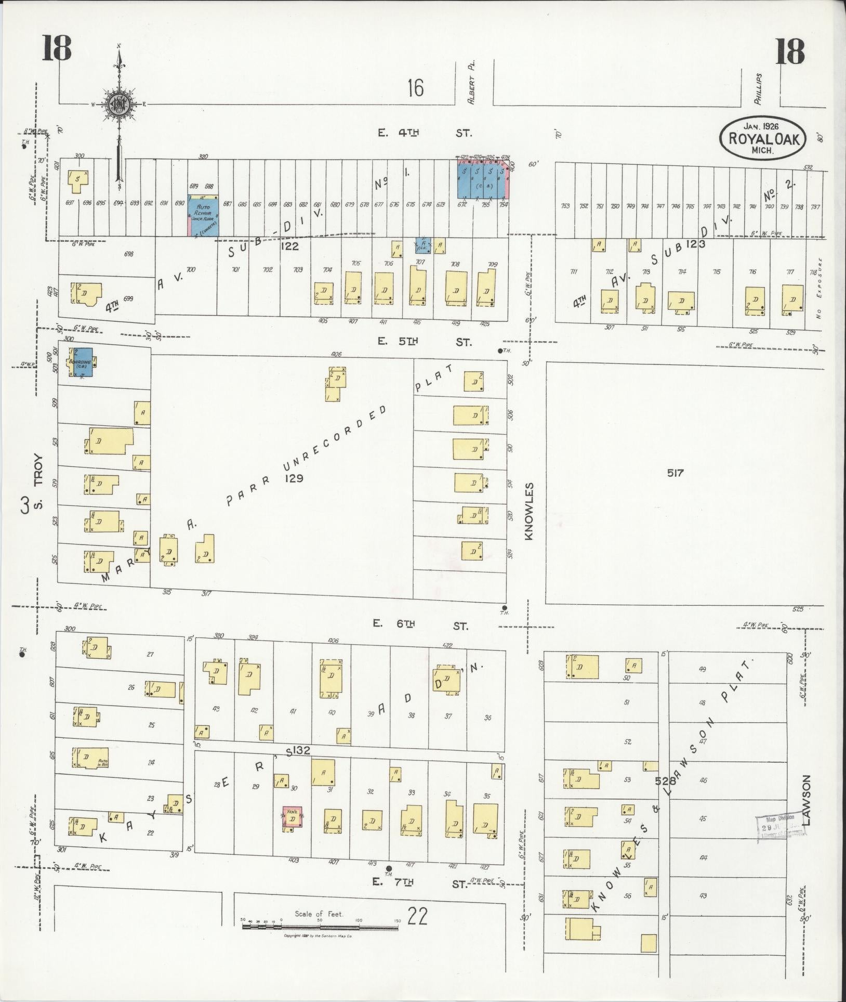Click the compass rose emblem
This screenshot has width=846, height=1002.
(119, 104)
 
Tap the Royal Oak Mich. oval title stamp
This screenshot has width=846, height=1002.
(762, 137)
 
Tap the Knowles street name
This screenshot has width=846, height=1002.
(529, 511)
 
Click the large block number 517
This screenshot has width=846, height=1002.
(676, 473)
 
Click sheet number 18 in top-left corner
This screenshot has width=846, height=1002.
(57, 50)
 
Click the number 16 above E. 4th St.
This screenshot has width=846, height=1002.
(415, 87)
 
